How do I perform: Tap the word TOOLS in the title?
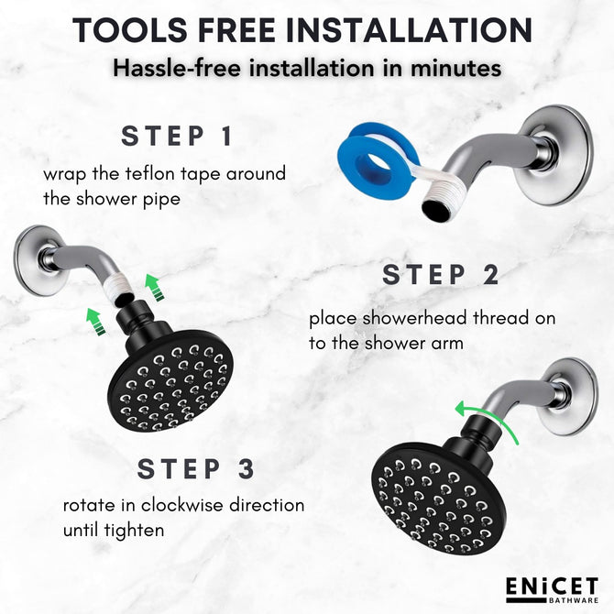130,30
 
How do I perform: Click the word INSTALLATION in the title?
410,30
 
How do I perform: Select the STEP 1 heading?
177,136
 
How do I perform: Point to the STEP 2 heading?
441,275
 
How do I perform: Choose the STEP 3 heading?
196,468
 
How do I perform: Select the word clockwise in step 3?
182,505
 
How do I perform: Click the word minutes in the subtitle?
455,68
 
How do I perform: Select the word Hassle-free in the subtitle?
177,68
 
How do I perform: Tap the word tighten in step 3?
135,531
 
